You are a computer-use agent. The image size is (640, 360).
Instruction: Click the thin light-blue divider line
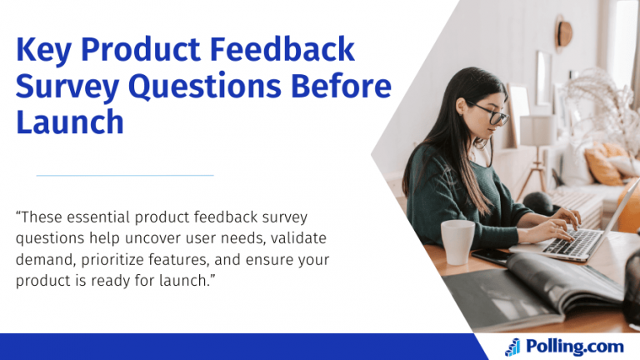pyautogui.click(x=125, y=175)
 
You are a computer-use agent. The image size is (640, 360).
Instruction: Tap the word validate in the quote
pyautogui.click(x=304, y=238)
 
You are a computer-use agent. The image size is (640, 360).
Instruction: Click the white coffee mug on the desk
pyautogui.click(x=457, y=241)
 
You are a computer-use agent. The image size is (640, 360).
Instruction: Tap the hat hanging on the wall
pyautogui.click(x=564, y=33)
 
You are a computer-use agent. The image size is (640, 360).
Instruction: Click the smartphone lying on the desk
pyautogui.click(x=492, y=256)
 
